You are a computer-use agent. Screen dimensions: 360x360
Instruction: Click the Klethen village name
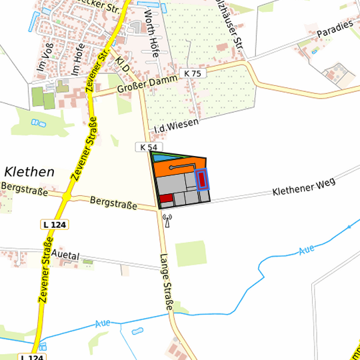(29, 172)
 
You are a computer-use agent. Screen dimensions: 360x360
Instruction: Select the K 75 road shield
(192, 73)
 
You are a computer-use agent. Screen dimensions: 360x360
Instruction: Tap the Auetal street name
(65, 255)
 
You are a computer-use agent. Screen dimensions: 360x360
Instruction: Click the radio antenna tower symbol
(167, 219)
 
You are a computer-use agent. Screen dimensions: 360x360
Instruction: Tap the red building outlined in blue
(201, 179)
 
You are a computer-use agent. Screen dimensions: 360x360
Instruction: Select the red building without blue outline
(166, 198)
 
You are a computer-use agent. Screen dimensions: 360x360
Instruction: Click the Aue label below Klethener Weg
(306, 250)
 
